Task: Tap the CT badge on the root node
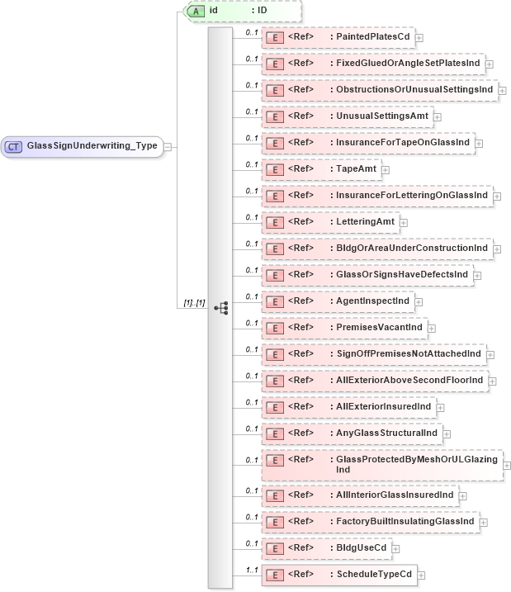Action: pos(14,146)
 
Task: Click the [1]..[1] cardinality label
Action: pos(192,304)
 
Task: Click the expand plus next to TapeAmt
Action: pos(386,169)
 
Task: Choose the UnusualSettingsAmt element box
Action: pos(348,116)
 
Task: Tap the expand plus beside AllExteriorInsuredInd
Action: pos(440,407)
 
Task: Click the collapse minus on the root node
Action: pos(167,146)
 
